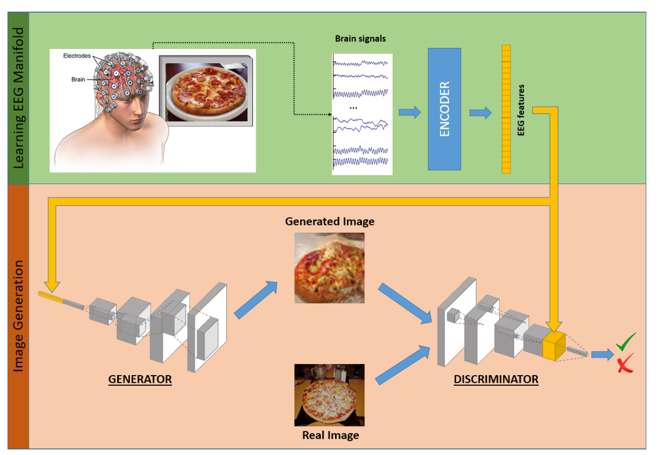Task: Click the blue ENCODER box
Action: (444, 109)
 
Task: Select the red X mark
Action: (625, 363)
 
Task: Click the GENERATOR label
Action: (140, 379)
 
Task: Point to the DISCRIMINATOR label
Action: (496, 379)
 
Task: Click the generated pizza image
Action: (329, 267)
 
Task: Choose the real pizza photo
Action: (329, 395)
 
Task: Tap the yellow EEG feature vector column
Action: (506, 109)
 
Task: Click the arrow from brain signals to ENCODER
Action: (410, 113)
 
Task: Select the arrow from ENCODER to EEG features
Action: (480, 113)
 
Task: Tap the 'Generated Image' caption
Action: (329, 221)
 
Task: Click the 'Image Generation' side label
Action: (18, 316)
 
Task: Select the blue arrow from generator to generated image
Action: (257, 301)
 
